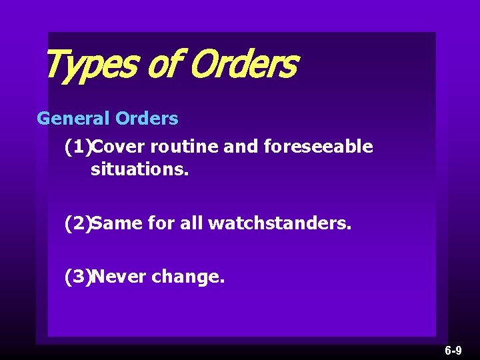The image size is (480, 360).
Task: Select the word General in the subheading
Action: [x=73, y=119]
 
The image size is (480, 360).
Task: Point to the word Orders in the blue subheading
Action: [x=147, y=119]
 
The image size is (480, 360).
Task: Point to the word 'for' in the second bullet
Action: [x=161, y=224]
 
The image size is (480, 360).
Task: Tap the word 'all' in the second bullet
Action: [x=192, y=224]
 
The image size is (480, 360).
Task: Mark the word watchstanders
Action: [x=279, y=224]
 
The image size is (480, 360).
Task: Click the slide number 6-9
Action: [x=453, y=350]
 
